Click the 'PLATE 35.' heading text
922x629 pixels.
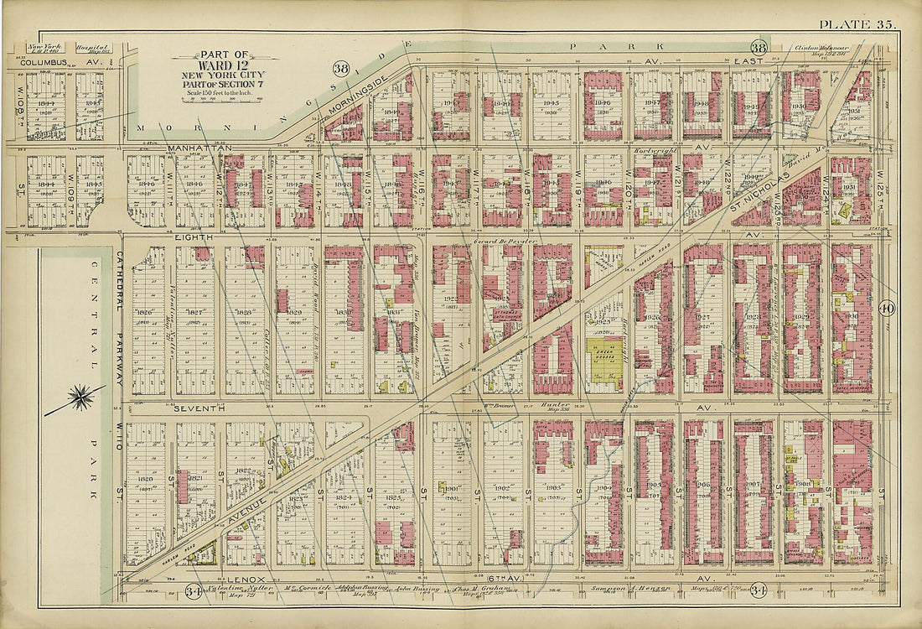click(857, 24)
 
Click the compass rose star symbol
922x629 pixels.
click(80, 397)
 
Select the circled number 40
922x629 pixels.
click(888, 308)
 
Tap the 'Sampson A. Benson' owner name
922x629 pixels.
click(646, 590)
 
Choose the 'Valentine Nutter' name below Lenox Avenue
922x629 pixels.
click(221, 590)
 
